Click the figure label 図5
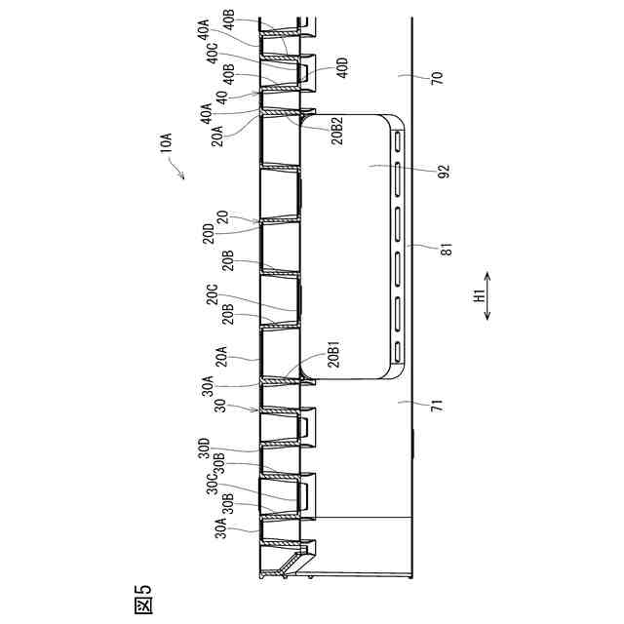(141, 597)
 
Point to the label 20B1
(333, 356)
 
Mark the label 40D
(341, 67)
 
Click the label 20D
(209, 235)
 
